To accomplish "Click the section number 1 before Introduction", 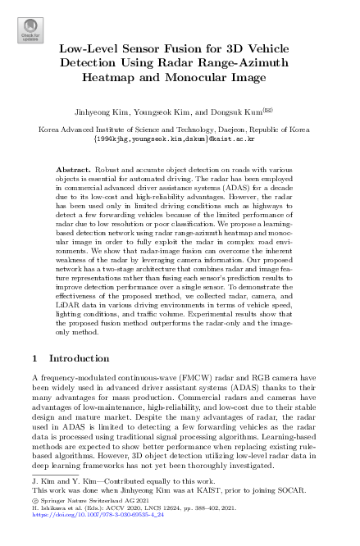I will click(x=34, y=358).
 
